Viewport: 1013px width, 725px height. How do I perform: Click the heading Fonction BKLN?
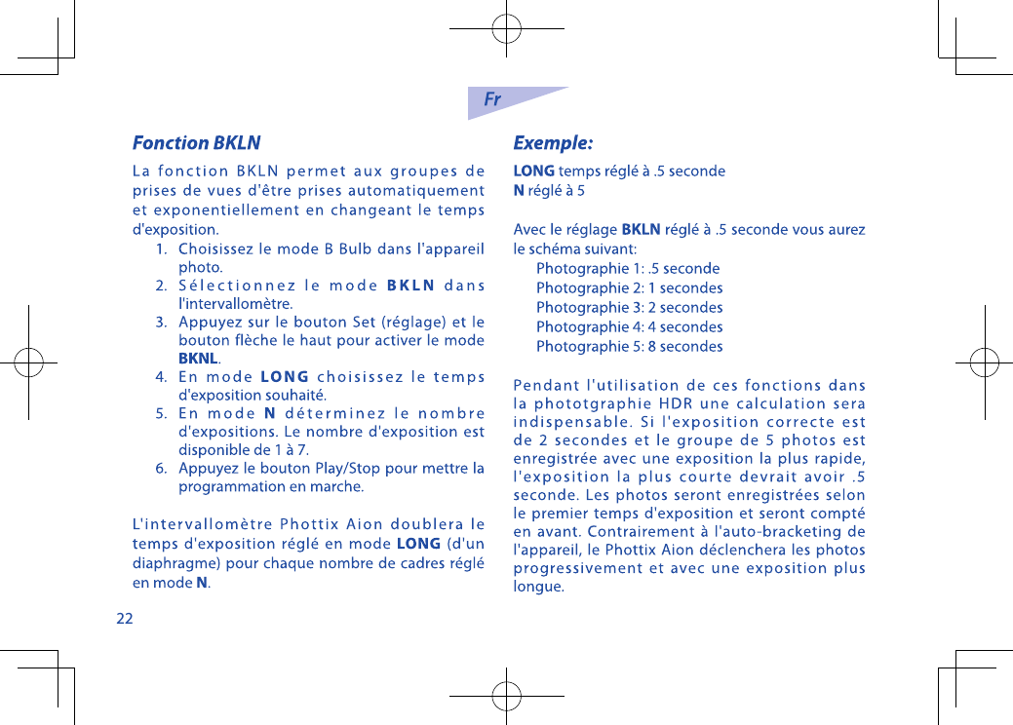[x=196, y=143]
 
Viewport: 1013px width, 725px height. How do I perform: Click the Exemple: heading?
[x=553, y=143]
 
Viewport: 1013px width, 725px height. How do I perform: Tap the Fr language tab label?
[x=493, y=99]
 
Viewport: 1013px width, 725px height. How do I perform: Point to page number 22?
[x=125, y=618]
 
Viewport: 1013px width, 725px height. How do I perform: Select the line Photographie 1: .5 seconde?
[x=628, y=268]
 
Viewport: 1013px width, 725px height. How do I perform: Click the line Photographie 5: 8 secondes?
[x=629, y=346]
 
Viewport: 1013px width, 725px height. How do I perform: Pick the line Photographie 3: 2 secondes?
[x=629, y=307]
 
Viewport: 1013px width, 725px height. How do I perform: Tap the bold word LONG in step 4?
[x=284, y=377]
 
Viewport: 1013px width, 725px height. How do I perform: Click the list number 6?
[x=161, y=469]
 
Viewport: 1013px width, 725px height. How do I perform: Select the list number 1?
[x=161, y=248]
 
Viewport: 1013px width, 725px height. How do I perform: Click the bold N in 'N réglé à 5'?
[x=519, y=191]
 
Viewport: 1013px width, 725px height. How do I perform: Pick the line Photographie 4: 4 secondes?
[x=629, y=326]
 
